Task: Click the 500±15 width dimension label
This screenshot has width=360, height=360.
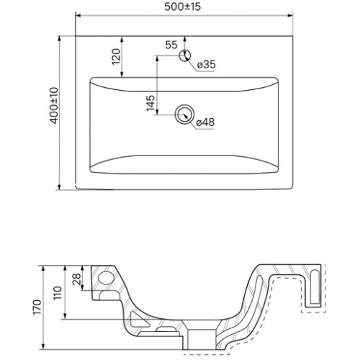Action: click(183, 6)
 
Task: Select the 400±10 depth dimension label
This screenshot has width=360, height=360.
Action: click(55, 106)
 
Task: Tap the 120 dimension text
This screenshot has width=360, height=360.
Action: click(117, 56)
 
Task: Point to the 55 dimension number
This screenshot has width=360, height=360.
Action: click(171, 45)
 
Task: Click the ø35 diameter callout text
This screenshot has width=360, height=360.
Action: click(207, 64)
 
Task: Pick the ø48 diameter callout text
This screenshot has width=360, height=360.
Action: click(205, 122)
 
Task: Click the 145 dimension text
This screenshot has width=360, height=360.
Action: click(150, 103)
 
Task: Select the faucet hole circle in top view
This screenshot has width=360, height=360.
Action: click(185, 55)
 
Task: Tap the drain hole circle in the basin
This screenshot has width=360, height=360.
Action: click(184, 114)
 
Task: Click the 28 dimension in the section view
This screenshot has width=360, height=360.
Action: click(77, 279)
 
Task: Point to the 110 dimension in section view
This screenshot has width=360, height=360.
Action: click(58, 293)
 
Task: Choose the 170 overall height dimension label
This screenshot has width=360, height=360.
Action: click(37, 307)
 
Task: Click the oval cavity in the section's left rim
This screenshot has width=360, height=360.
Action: click(107, 279)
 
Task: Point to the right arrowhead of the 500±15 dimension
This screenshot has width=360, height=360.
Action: click(290, 16)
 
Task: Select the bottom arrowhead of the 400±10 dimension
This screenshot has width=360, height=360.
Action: click(59, 187)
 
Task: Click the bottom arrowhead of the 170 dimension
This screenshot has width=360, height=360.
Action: click(43, 346)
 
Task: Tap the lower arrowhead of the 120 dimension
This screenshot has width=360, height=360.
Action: click(122, 74)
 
